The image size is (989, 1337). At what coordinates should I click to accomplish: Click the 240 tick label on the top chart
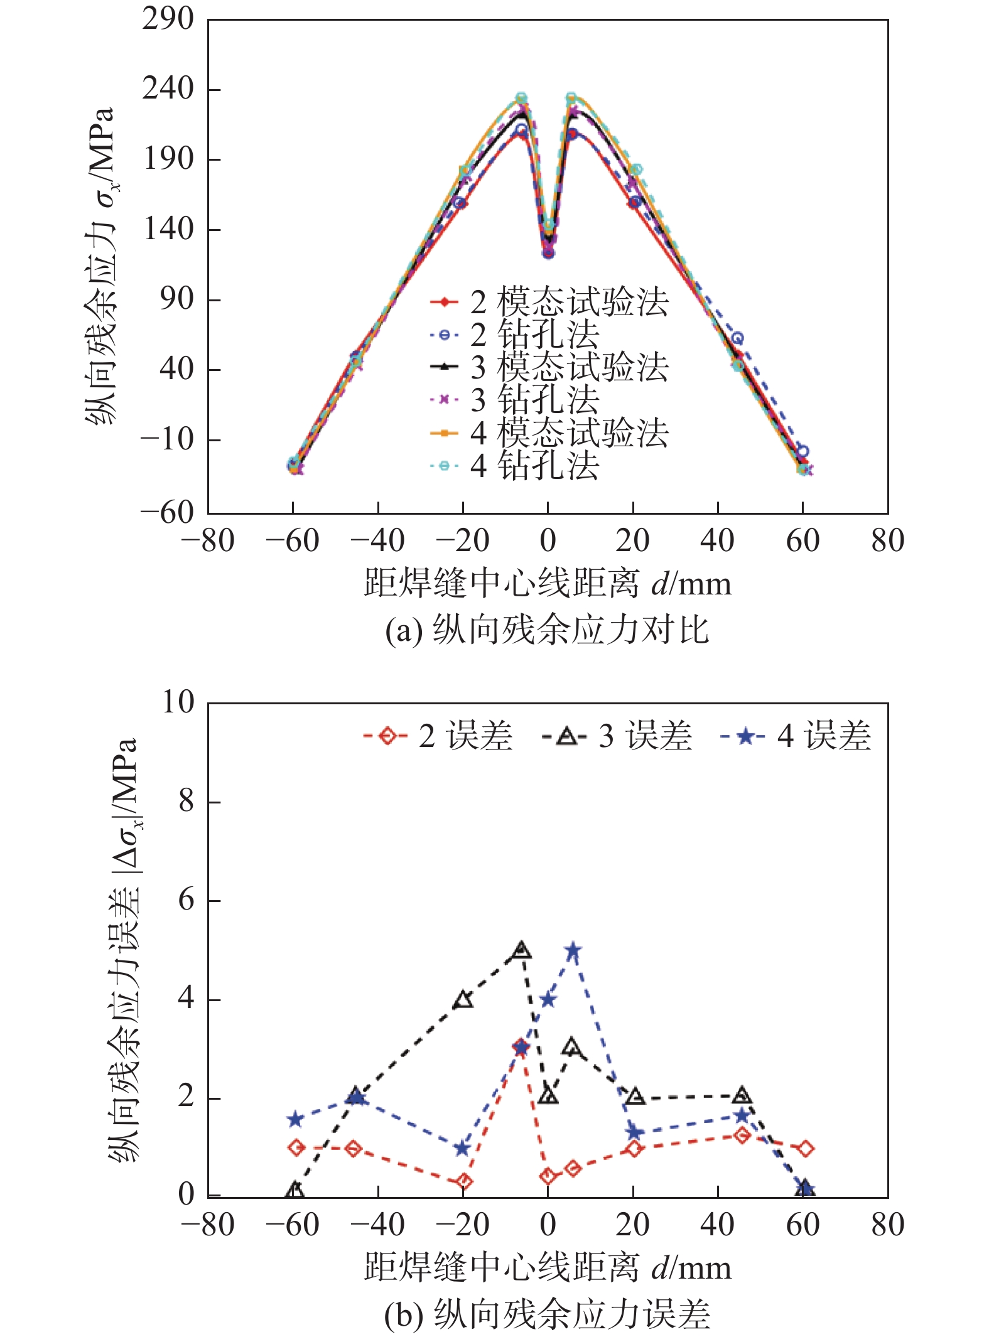click(x=168, y=89)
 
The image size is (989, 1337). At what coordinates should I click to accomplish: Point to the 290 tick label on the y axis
click(x=168, y=19)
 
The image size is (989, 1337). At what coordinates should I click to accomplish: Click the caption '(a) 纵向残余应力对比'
click(x=547, y=630)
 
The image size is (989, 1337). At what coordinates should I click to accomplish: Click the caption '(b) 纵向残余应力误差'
click(x=547, y=1314)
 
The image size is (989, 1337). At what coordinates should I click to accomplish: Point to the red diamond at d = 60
click(x=806, y=1149)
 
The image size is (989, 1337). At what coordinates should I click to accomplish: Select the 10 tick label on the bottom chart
click(x=178, y=702)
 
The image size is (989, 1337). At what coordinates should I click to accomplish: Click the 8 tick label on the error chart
click(x=186, y=802)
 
